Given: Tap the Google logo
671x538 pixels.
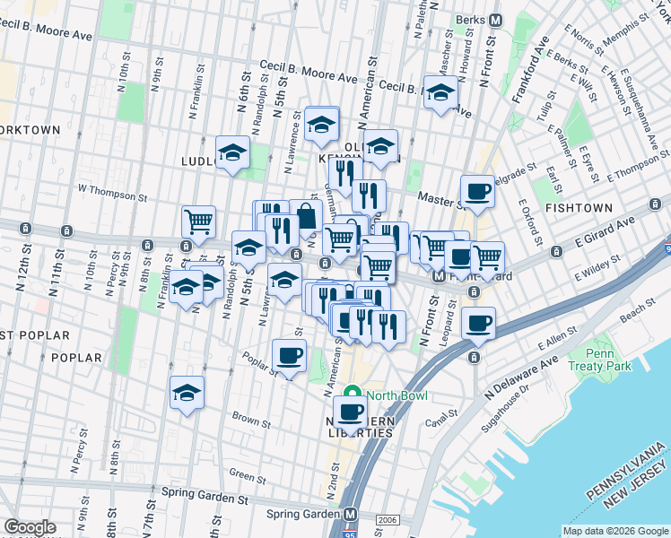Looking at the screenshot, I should click(29, 527).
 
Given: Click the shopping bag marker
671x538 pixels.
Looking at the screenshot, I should click(306, 216).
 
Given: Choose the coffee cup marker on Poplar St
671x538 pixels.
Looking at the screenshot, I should click(289, 356).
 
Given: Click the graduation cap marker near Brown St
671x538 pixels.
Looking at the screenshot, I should click(187, 393).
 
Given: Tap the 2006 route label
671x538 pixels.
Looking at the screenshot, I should click(386, 518).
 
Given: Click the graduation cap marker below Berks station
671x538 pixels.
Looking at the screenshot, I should click(440, 93).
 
